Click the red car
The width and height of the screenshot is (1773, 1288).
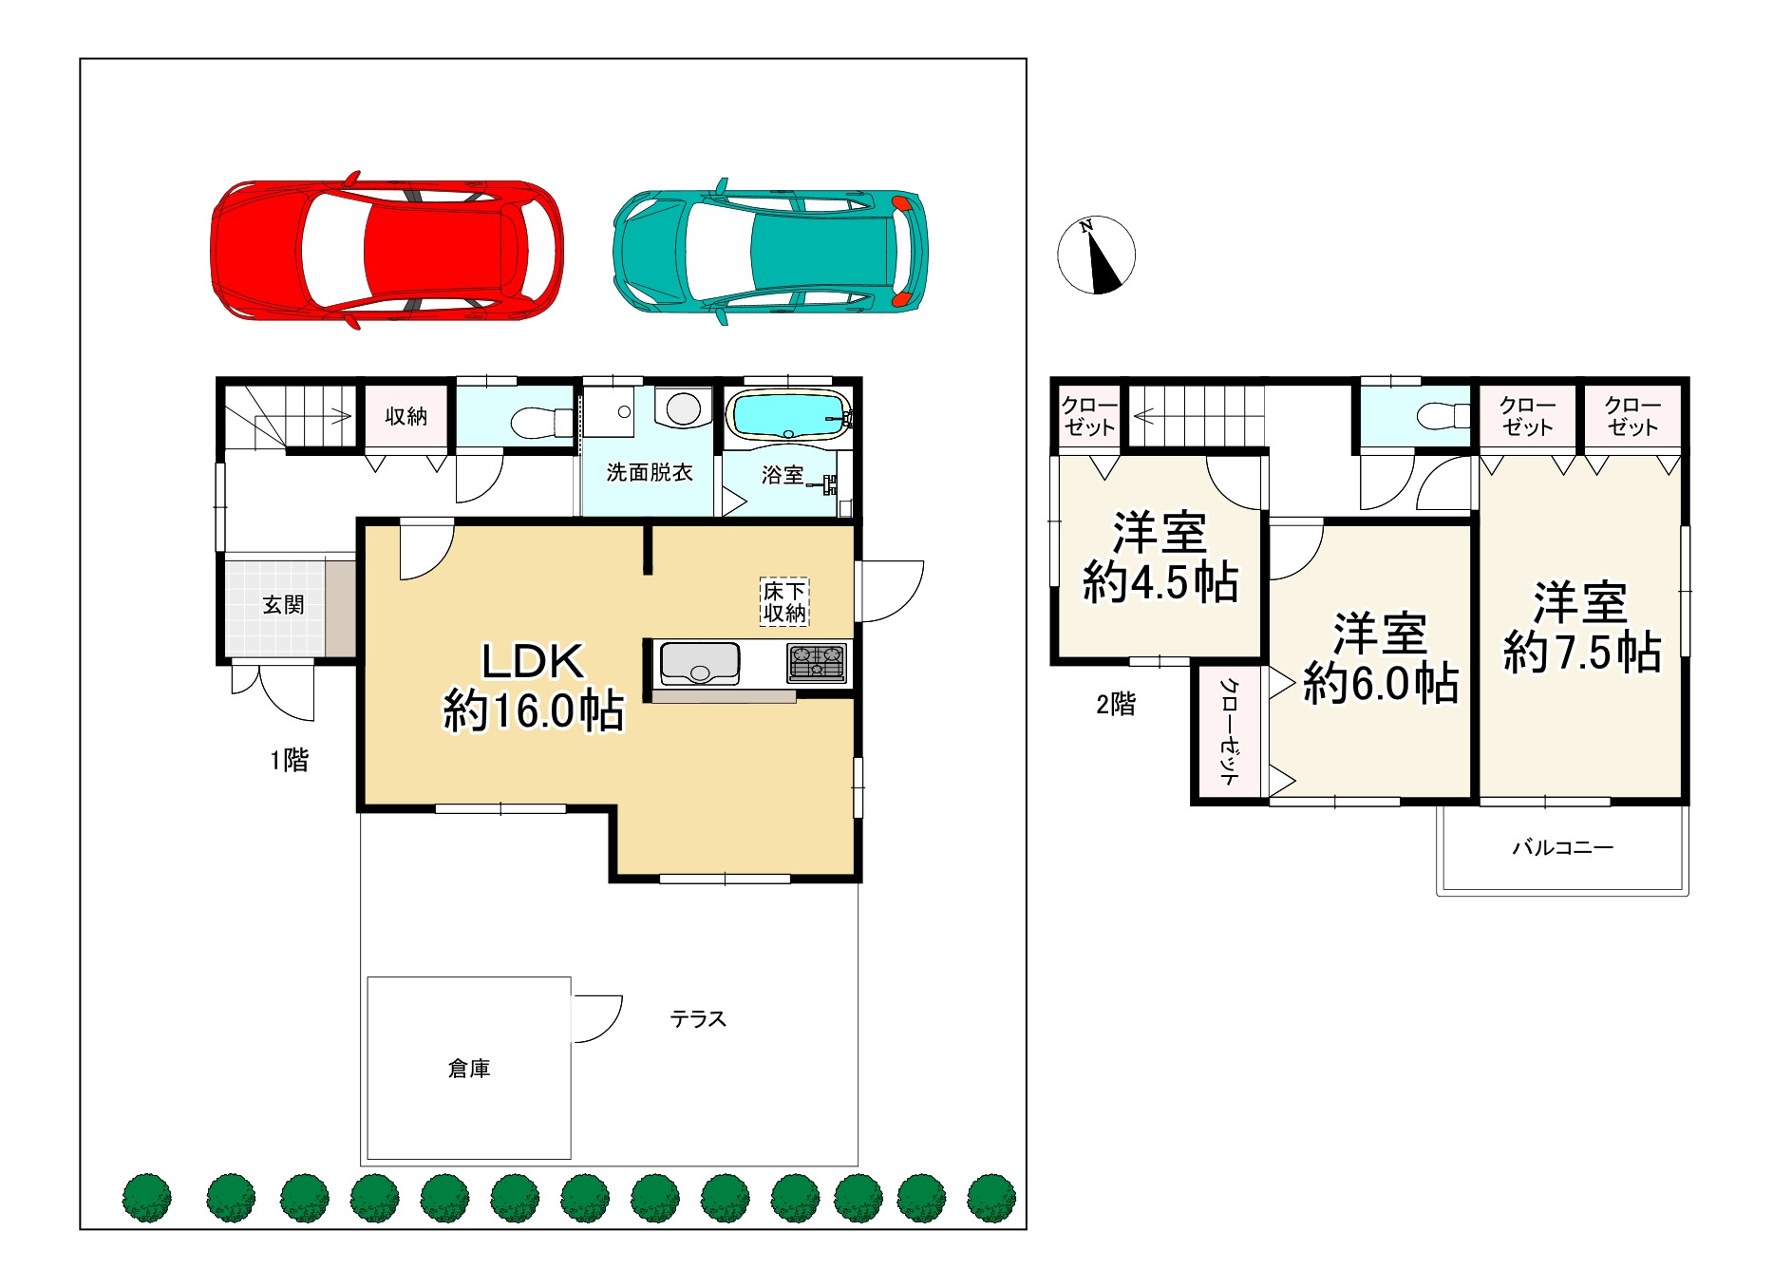[387, 251]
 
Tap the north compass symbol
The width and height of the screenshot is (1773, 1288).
[1097, 255]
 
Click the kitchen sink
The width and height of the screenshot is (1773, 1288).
[700, 663]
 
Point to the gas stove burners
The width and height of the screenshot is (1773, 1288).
[816, 663]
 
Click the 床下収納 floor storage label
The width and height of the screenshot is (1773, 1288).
[784, 602]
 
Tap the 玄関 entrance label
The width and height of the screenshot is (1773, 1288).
[283, 605]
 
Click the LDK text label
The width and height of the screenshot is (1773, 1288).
[533, 661]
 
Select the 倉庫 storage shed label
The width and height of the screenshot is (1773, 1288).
[469, 1069]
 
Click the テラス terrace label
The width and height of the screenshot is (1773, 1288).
[698, 1019]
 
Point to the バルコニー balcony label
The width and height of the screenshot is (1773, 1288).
[1563, 846]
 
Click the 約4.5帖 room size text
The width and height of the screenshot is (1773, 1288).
[1160, 581]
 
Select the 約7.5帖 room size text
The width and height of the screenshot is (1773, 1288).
[1582, 653]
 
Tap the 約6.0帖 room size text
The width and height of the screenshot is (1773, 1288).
[1381, 682]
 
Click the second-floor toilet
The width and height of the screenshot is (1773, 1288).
[1443, 415]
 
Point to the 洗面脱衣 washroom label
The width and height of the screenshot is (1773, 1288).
[650, 472]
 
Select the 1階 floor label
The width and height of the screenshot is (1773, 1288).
[290, 760]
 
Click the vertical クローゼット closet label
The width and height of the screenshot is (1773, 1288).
[1230, 731]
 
